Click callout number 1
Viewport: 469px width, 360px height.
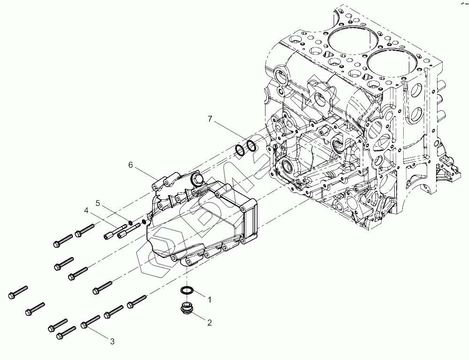[x=210, y=298]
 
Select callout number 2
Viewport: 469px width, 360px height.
[x=210, y=322]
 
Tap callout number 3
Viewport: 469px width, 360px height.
[x=112, y=342]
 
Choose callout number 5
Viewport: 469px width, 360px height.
[x=98, y=203]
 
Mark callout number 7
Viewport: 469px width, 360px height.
[x=210, y=119]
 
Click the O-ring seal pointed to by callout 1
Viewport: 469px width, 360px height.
[x=187, y=290]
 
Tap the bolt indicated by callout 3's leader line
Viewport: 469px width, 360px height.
[x=90, y=321]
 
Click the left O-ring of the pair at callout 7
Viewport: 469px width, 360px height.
[x=240, y=150]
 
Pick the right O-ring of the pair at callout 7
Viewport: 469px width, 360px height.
[x=251, y=146]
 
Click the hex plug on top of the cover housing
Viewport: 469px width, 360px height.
[x=196, y=180]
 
